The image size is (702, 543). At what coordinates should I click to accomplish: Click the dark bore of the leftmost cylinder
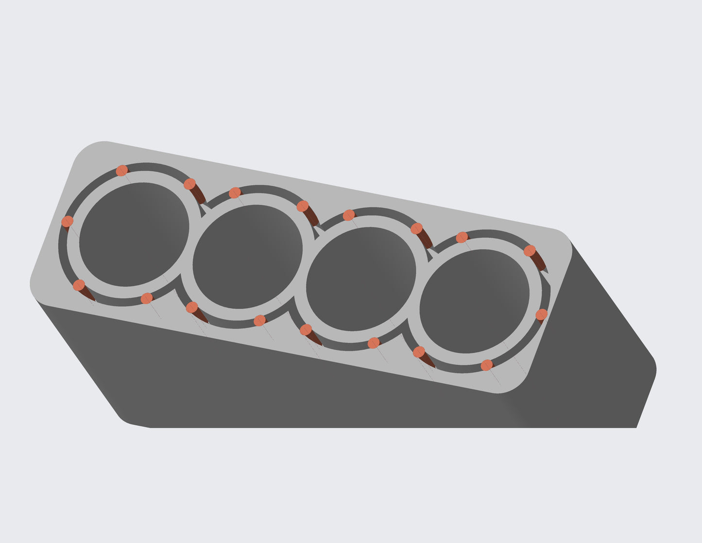134,234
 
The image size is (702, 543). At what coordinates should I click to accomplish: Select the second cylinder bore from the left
247,256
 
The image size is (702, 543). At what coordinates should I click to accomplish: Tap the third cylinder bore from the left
361,279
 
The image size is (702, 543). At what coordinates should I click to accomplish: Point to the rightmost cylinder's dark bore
474,301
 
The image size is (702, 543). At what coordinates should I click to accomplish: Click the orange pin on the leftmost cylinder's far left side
68,221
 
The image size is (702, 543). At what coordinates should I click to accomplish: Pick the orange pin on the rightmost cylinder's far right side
541,315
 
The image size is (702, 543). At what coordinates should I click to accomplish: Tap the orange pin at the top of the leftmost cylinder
122,170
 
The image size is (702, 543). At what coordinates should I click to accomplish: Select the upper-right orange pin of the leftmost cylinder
189,184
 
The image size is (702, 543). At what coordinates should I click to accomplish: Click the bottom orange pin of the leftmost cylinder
146,298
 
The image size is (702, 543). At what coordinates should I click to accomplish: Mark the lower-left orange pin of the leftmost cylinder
79,285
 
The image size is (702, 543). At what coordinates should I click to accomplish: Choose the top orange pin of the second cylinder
235,193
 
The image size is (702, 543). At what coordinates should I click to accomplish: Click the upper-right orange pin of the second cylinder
303,206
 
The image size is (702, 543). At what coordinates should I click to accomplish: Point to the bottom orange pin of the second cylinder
260,320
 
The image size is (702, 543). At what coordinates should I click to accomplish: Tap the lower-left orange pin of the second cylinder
192,307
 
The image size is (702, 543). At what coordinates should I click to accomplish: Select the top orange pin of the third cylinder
349,215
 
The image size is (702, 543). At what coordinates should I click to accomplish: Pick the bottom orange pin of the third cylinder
373,343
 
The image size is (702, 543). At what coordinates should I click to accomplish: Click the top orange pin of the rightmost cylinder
462,237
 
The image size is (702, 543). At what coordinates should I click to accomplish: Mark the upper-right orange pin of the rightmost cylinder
530,250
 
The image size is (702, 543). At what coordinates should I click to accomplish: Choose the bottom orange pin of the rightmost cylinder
486,365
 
